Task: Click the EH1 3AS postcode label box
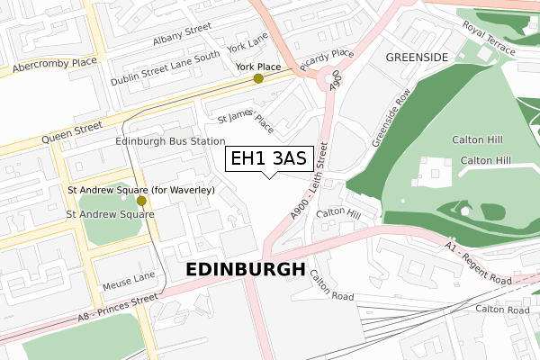(268, 158)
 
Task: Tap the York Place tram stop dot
(259, 78)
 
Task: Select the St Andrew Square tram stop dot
(141, 201)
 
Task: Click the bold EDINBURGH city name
(245, 270)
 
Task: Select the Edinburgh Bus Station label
(169, 141)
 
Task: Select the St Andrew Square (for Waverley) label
(141, 190)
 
